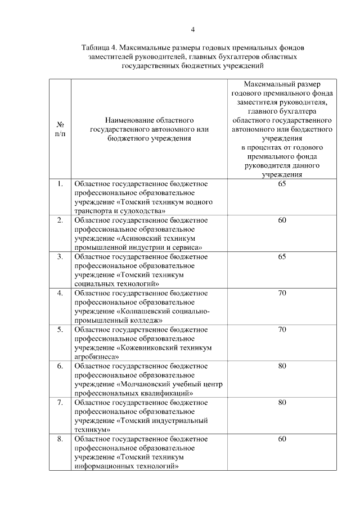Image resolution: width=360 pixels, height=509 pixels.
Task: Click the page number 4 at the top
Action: click(192, 29)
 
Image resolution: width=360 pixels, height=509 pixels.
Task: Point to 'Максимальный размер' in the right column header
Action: click(282, 84)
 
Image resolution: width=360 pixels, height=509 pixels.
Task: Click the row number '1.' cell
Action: click(60, 184)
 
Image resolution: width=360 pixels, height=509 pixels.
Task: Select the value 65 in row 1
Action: click(282, 184)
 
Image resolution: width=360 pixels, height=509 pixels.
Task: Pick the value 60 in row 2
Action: click(282, 220)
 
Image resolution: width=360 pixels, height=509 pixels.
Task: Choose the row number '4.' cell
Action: click(60, 293)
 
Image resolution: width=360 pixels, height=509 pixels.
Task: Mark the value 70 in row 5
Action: click(282, 329)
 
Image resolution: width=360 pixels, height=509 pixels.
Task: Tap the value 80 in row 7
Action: click(282, 402)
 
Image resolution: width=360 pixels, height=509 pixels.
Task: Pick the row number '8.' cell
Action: click(60, 439)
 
